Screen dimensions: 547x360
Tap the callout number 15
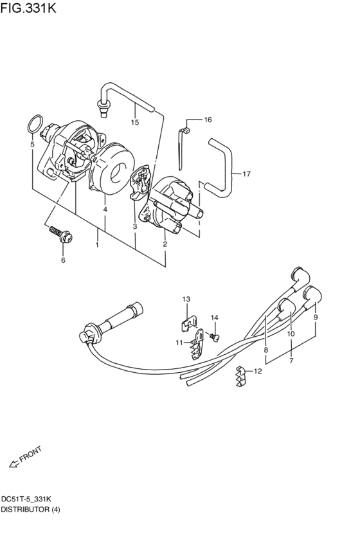135,121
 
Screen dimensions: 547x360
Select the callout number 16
208,120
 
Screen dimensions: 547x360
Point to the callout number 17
246,174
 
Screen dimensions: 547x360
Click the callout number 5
32,145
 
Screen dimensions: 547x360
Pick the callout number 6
63,260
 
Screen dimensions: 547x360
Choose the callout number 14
215,318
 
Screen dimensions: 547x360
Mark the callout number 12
258,371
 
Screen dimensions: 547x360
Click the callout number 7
291,361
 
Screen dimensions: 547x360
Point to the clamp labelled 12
240,377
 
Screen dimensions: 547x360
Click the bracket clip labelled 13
188,318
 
